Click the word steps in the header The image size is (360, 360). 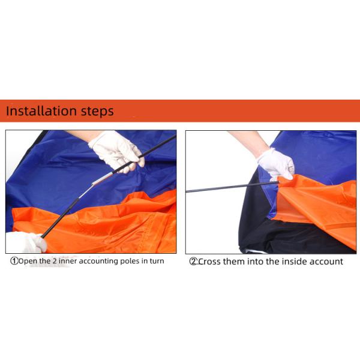pos(97,112)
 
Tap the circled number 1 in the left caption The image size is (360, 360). pos(13,261)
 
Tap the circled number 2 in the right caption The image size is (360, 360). pos(193,262)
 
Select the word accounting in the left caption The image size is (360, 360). pos(95,261)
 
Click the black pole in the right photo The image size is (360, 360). pos(222,188)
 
